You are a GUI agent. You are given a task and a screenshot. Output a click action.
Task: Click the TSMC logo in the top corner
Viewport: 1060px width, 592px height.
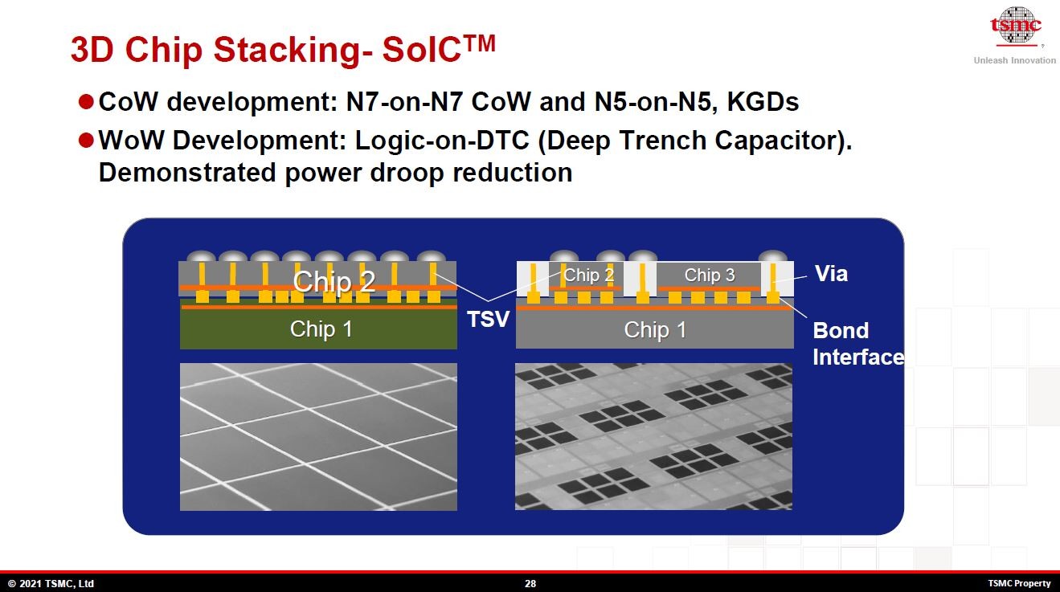pos(1014,27)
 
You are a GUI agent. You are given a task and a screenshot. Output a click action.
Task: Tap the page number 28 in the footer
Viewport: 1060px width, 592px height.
pos(530,584)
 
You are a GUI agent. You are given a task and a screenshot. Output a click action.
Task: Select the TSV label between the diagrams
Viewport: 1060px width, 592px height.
pos(489,320)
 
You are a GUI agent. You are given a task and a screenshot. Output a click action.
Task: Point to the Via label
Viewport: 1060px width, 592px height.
pos(831,274)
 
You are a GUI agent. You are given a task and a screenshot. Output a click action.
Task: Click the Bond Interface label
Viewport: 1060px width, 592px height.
pos(857,344)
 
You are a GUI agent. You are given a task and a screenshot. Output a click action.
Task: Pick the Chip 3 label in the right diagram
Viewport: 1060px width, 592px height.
pos(710,276)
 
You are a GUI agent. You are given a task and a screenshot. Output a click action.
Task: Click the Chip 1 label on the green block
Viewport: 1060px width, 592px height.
pos(321,329)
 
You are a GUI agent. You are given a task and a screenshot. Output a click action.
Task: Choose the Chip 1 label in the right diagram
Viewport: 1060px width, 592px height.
pos(655,330)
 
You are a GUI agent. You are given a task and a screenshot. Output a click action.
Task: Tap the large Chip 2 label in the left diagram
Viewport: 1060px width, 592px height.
pos(334,282)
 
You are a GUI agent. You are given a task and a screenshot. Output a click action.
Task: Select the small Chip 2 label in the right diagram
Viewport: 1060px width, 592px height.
pos(589,276)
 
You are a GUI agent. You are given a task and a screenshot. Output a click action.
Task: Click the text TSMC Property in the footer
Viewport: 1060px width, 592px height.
pos(1019,584)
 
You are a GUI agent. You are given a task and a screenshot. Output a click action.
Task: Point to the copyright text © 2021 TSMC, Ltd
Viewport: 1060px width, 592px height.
pos(51,584)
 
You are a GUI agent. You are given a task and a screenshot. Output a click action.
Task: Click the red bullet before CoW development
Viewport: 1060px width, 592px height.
pos(86,102)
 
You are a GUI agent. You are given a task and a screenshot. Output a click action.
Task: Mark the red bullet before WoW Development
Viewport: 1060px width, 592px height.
pos(86,141)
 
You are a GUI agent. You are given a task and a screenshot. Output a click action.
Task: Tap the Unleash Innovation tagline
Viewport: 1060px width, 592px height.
pos(1014,60)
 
